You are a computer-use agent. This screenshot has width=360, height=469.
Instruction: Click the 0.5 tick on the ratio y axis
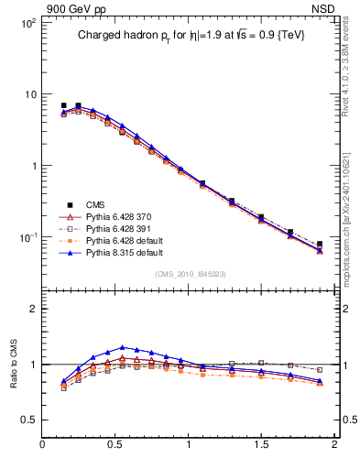pyautogui.click(x=28, y=420)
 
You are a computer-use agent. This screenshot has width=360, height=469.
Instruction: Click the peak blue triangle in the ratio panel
pyautogui.click(x=122, y=348)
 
